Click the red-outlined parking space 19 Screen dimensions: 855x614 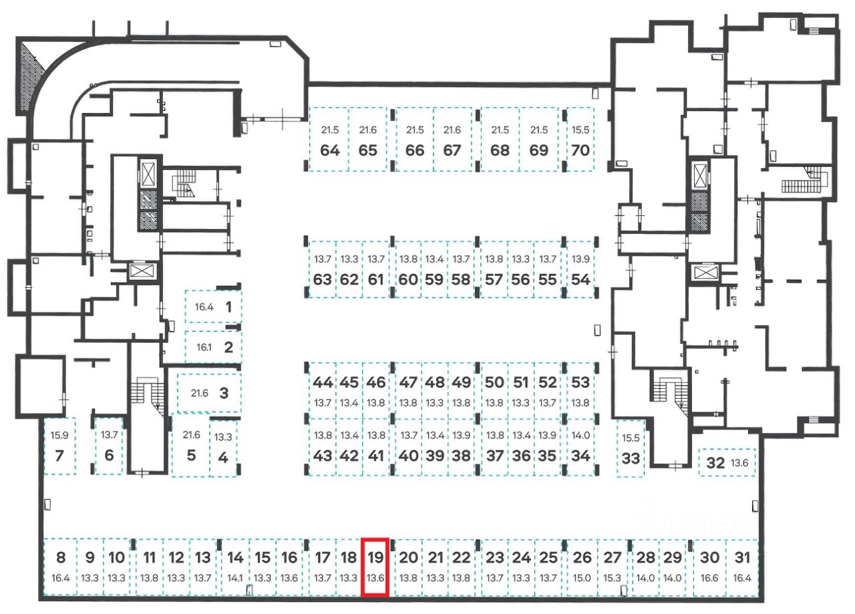click(x=375, y=567)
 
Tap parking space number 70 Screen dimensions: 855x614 click(x=580, y=150)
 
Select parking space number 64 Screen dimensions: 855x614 click(x=330, y=150)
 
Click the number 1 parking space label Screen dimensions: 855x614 click(x=228, y=307)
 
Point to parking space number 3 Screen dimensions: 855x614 click(x=224, y=394)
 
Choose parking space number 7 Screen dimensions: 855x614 click(x=59, y=456)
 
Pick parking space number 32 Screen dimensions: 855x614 click(x=715, y=463)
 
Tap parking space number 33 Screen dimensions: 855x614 click(x=631, y=459)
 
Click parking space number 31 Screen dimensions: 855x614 click(x=742, y=557)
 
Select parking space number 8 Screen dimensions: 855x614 click(x=61, y=557)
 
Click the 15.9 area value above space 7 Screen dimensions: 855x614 click(x=59, y=436)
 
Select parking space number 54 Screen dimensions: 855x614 click(x=581, y=280)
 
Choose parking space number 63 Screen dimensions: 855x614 click(x=323, y=280)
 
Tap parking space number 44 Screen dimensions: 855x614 click(x=323, y=383)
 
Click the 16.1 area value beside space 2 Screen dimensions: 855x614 click(x=203, y=348)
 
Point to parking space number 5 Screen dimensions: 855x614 click(x=191, y=456)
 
